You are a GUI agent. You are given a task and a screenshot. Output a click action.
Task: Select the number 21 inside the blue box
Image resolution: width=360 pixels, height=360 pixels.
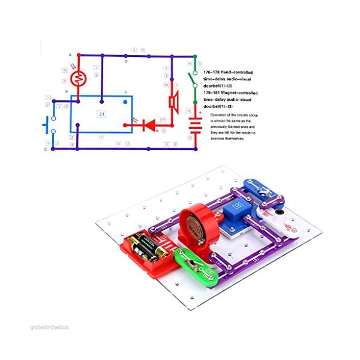click(x=101, y=113)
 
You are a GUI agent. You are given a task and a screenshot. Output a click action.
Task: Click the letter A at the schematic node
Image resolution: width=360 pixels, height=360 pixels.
click(x=70, y=55)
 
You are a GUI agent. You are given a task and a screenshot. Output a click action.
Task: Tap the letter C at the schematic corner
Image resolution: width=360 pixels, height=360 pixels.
click(x=45, y=149)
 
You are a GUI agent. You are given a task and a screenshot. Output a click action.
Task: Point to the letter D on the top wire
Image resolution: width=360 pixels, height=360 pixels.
click(x=126, y=61)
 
